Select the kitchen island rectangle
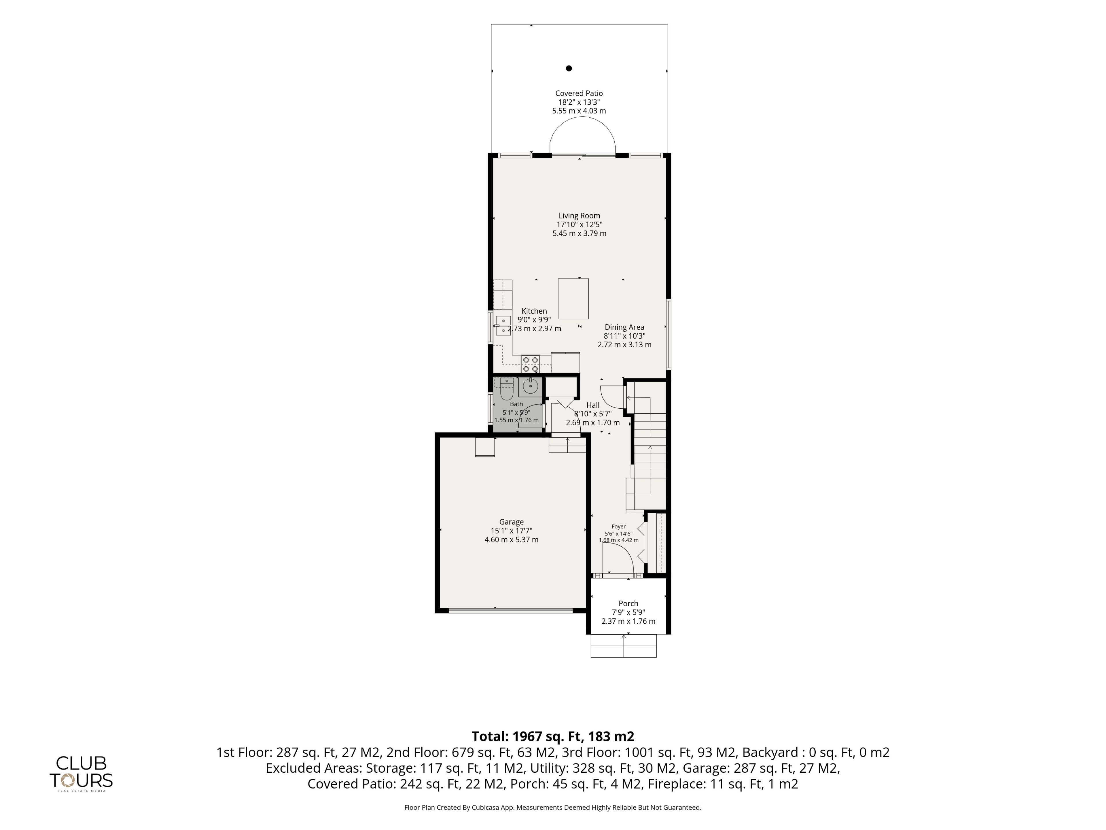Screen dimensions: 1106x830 click(x=573, y=299)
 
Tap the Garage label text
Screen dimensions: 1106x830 click(x=512, y=522)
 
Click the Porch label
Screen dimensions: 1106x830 click(x=628, y=603)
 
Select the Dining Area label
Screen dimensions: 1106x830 click(x=624, y=327)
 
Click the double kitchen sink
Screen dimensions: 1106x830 click(x=503, y=325)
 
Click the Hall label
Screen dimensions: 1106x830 click(x=593, y=405)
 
